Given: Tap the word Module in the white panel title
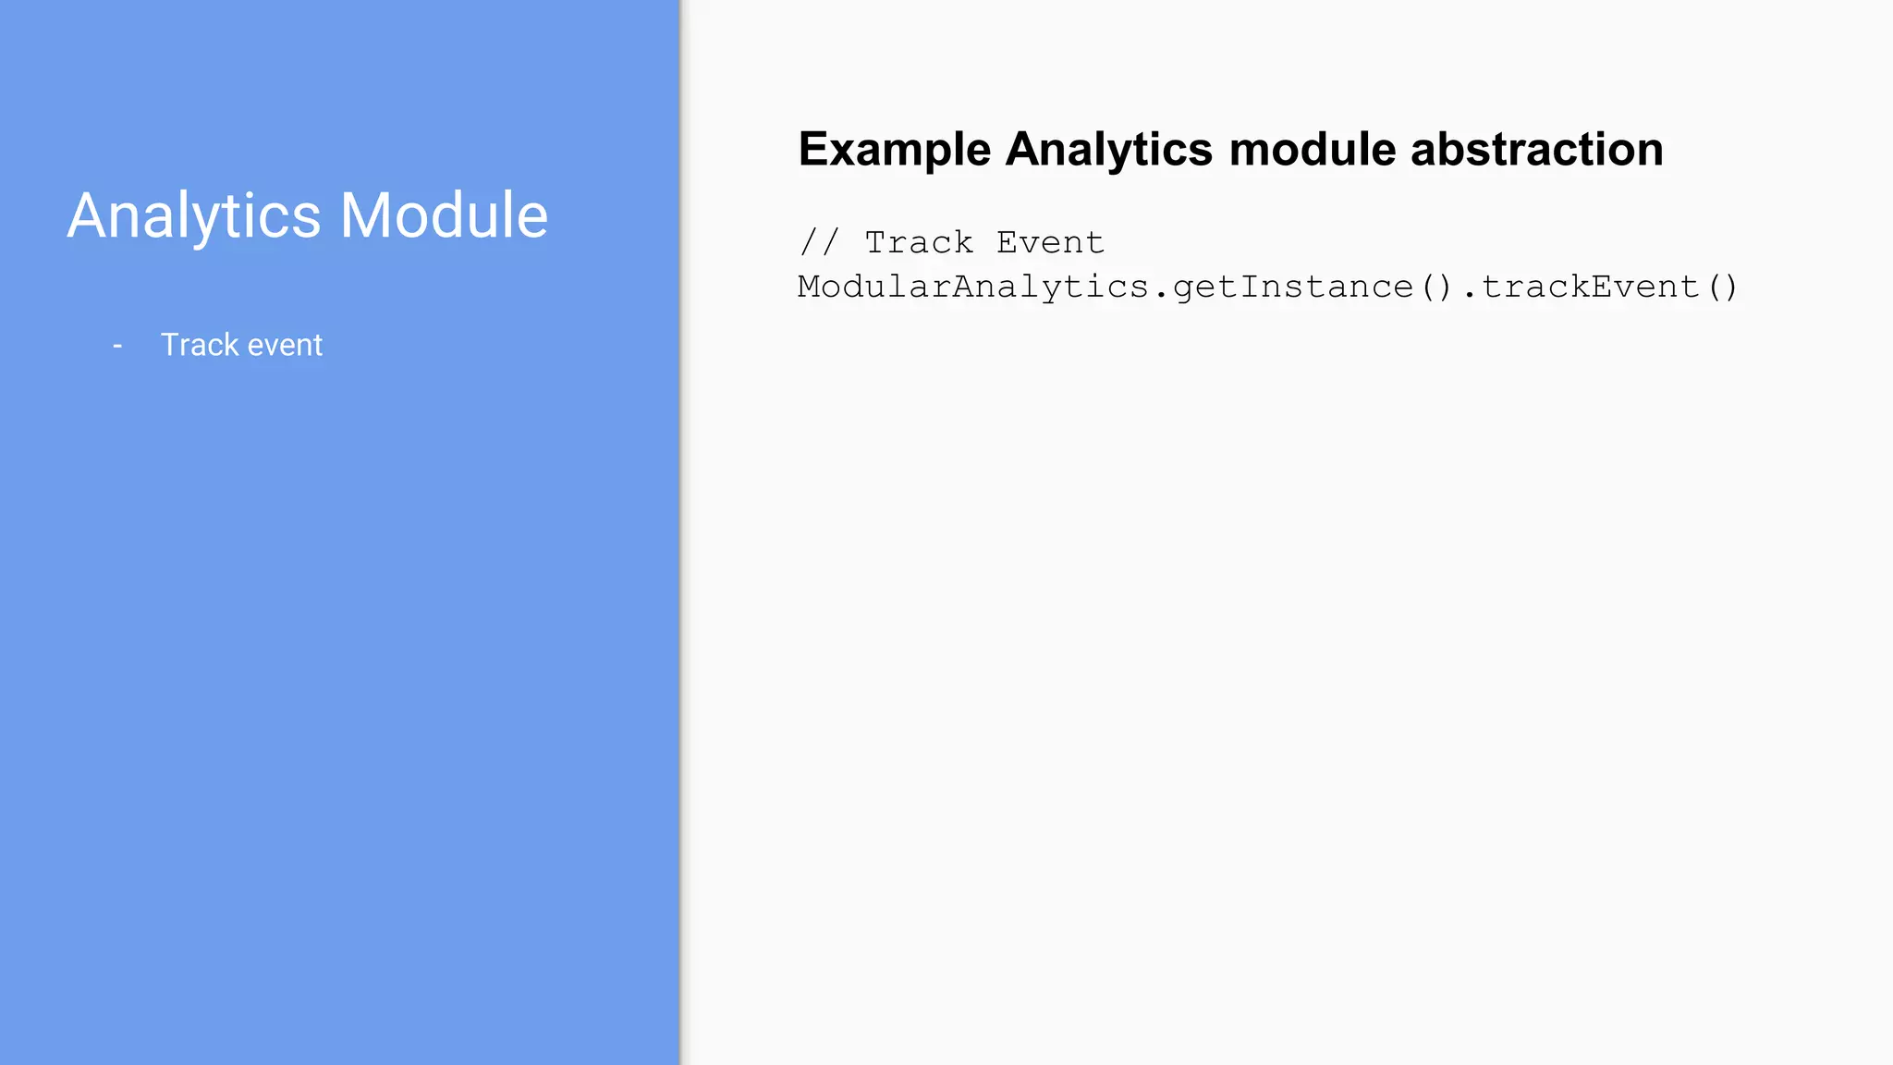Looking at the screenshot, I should (x=444, y=216).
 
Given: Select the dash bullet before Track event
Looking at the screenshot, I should (x=117, y=346).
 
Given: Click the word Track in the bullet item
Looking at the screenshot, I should (x=200, y=345).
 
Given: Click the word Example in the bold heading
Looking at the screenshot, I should (x=895, y=150).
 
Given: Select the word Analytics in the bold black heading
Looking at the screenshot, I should (x=1108, y=150).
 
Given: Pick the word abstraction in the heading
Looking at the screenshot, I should (x=1537, y=150).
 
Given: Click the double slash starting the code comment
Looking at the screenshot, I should (x=819, y=242).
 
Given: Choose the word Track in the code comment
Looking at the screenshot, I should (x=919, y=242).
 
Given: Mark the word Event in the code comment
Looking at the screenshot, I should (x=1050, y=242).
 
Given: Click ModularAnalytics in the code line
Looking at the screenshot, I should (x=973, y=287).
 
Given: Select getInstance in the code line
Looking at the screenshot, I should (x=1293, y=287).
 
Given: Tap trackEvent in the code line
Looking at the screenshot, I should (x=1591, y=287).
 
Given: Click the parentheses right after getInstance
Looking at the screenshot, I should (x=1436, y=287).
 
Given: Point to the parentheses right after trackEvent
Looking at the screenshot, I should (x=1723, y=287).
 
